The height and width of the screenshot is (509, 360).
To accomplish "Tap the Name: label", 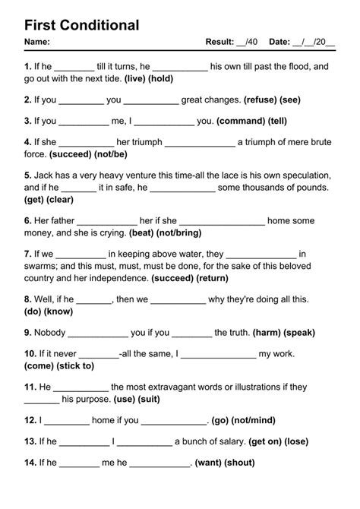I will pos(37,42).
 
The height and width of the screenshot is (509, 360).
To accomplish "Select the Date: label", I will pos(283,42).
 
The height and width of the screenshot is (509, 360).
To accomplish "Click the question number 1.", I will pos(27,67).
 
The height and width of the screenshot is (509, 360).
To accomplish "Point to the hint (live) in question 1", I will pos(134,79).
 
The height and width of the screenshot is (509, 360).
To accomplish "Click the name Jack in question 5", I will pos(46,174).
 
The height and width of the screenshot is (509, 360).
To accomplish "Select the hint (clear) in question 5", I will pos(60,200).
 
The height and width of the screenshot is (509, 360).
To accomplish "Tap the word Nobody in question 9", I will pos(49,332).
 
